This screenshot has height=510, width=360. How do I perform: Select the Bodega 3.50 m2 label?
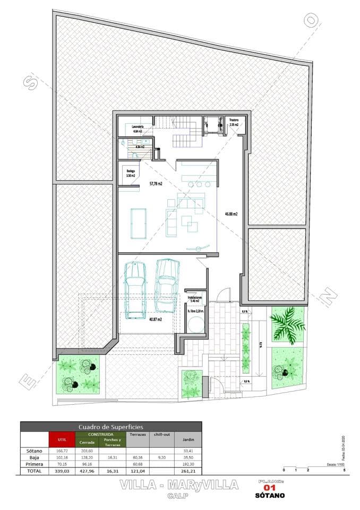click(x=131, y=173)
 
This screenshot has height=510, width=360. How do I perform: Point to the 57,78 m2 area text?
click(x=156, y=184)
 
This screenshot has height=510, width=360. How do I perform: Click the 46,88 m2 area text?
click(x=230, y=214)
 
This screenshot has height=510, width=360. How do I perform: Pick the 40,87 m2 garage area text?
click(x=155, y=319)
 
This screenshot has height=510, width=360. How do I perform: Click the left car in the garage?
click(x=135, y=290)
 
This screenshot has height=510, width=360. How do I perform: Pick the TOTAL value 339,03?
click(x=62, y=471)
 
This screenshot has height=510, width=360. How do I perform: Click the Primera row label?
click(x=33, y=464)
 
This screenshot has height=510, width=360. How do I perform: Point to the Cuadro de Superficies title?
click(x=110, y=427)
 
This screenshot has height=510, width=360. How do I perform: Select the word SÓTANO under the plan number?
click(x=271, y=496)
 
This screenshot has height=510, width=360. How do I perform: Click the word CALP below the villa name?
click(x=176, y=496)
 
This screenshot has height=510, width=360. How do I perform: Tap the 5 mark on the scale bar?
click(x=344, y=471)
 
